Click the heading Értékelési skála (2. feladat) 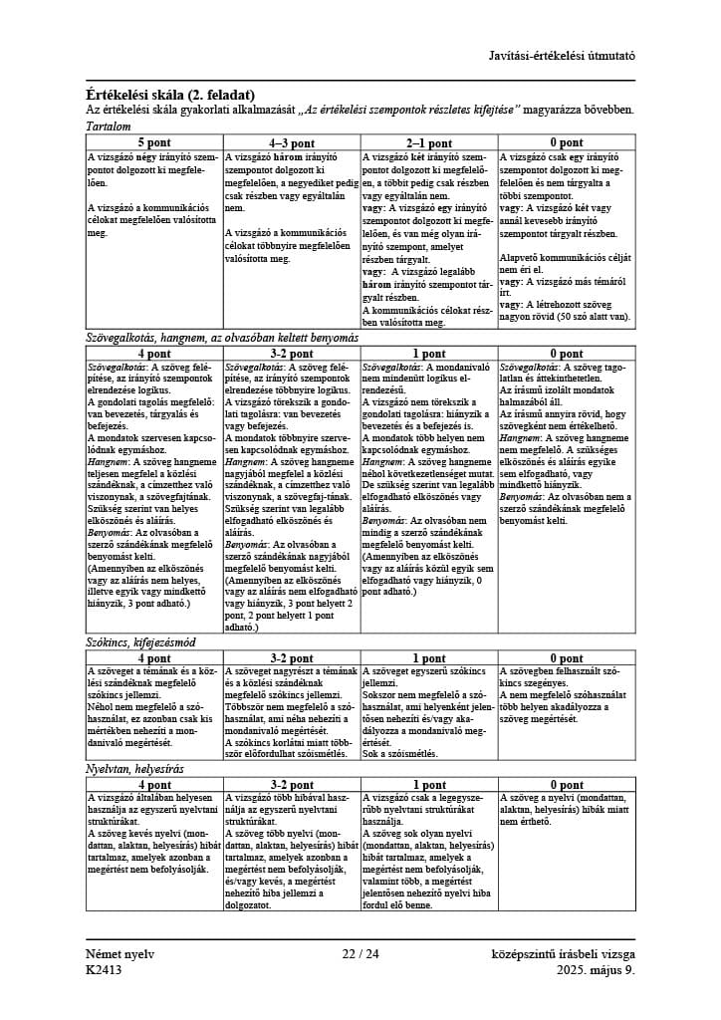tap(170, 94)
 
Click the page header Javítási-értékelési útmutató tap(562, 56)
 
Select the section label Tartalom tap(109, 127)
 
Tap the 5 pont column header tap(154, 142)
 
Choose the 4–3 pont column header tap(292, 142)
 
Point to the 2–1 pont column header tap(429, 142)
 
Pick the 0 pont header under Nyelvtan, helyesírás tap(567, 785)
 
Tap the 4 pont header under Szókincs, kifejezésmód tap(154, 658)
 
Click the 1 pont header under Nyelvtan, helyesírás tap(429, 785)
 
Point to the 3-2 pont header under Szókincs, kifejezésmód tap(292, 658)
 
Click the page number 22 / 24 tap(360, 954)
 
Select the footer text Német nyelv tap(120, 954)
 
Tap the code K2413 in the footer tap(105, 969)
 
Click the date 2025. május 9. tap(595, 969)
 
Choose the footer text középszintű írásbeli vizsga tap(563, 954)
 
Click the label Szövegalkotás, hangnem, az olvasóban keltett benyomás tap(222, 338)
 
